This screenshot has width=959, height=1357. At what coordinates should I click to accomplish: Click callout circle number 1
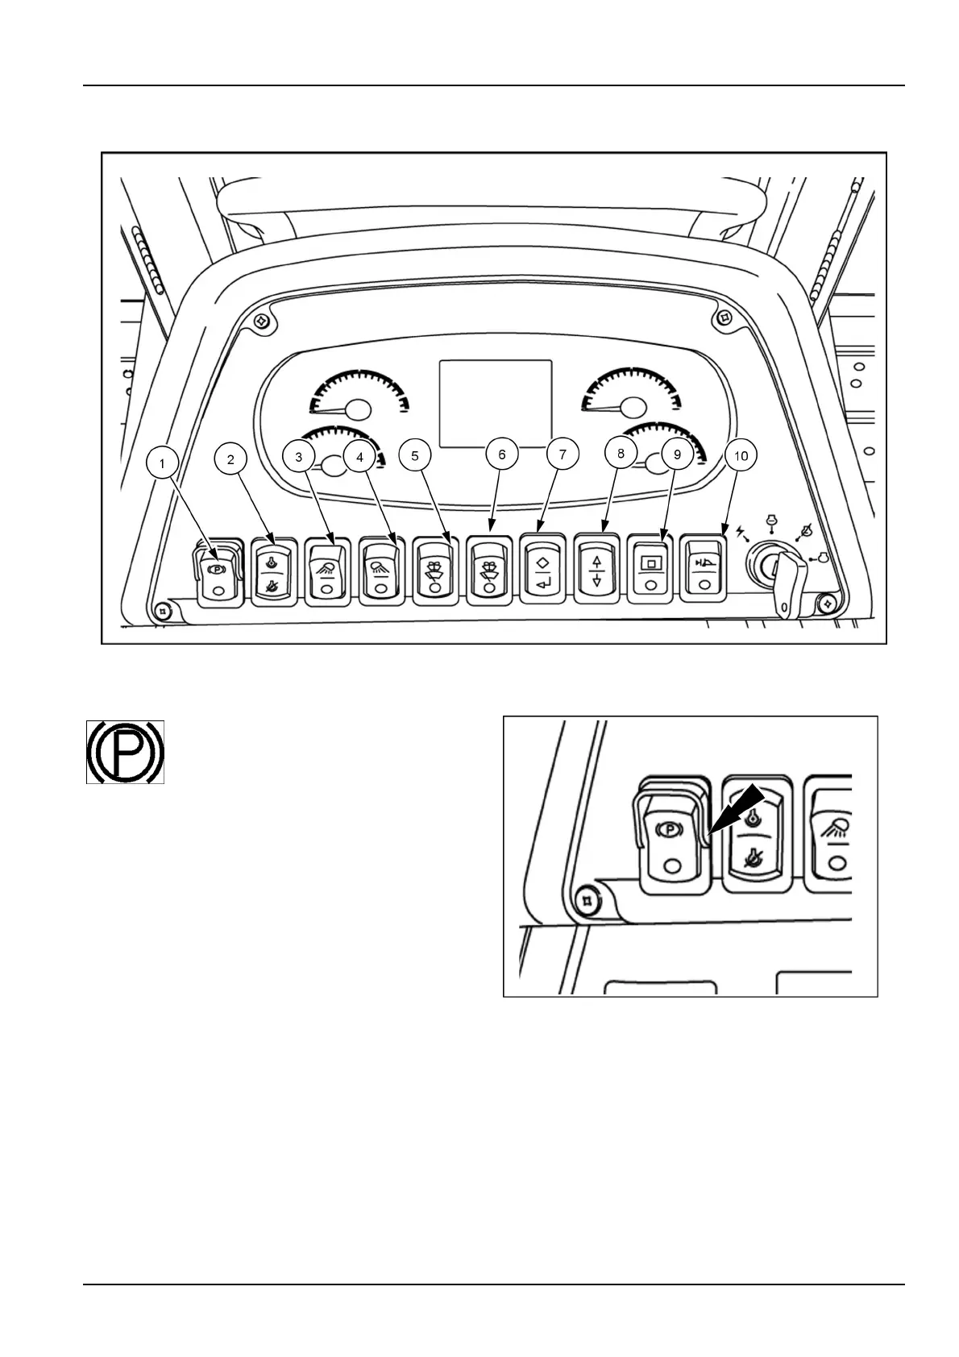pos(164,463)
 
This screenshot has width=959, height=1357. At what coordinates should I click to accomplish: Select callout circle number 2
pos(231,459)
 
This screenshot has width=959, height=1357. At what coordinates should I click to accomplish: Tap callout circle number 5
pos(415,455)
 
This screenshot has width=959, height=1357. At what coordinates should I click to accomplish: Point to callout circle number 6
pos(502,454)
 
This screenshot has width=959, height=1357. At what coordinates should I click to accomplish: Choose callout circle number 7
pos(563,454)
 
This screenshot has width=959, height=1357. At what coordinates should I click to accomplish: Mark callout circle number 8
pos(621,454)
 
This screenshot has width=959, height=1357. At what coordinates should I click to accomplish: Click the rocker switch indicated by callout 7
pos(542,567)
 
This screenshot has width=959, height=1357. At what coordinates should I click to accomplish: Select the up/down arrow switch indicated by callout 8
pos(596,568)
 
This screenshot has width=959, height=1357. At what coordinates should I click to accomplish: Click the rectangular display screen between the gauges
pos(495,403)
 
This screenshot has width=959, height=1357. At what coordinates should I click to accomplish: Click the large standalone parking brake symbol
pos(126,752)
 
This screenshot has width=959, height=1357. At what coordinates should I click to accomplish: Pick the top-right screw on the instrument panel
pos(724,316)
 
